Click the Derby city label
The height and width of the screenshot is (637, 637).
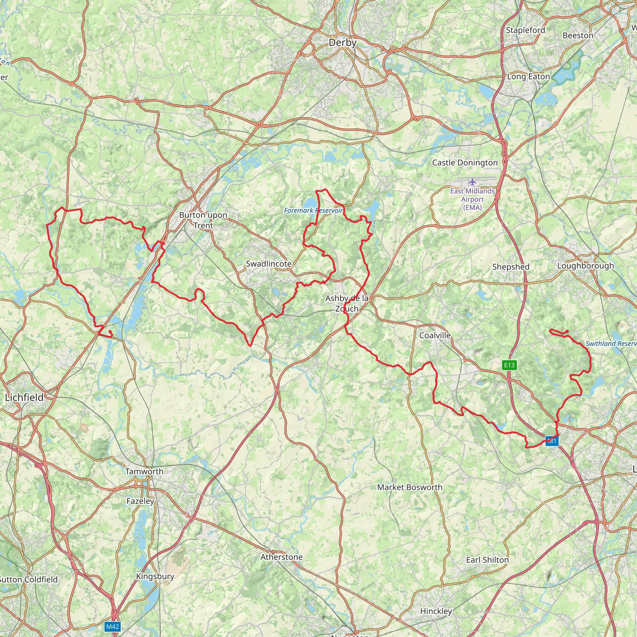(x=342, y=43)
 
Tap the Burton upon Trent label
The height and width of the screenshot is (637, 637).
(x=203, y=220)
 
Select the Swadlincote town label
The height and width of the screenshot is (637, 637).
(x=269, y=264)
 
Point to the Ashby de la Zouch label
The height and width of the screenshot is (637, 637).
(x=347, y=303)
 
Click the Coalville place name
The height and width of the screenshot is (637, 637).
(x=435, y=335)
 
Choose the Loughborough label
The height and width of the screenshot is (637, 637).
(x=586, y=266)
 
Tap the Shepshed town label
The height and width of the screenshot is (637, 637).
(x=511, y=267)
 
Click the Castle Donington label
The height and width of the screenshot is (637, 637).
(x=465, y=163)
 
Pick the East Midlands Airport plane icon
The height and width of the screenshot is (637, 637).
(x=472, y=182)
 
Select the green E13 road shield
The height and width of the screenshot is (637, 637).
(x=509, y=365)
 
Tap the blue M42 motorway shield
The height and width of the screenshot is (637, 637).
(x=112, y=626)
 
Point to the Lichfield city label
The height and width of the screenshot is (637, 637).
(x=24, y=398)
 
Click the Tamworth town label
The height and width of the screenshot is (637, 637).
(x=144, y=472)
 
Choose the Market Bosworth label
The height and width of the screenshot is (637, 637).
(x=410, y=487)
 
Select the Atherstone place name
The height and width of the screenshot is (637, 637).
(x=281, y=557)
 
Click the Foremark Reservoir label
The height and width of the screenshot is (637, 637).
(x=314, y=210)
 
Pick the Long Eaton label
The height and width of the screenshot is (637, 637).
(x=528, y=77)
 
